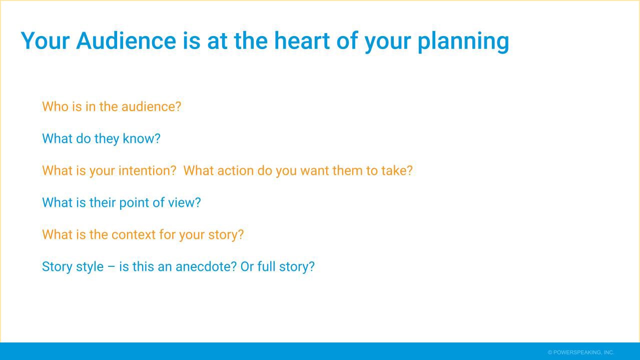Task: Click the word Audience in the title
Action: [x=126, y=41]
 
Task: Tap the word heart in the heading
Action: [x=302, y=41]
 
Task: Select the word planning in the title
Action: [x=463, y=42]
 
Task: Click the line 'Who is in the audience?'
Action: [x=112, y=107]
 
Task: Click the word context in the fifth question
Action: [x=133, y=235]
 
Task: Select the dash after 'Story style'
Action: [x=111, y=267]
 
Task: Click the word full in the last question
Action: [x=266, y=266]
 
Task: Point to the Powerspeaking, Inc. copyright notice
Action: [x=581, y=352]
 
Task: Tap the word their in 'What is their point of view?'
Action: [x=102, y=202]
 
